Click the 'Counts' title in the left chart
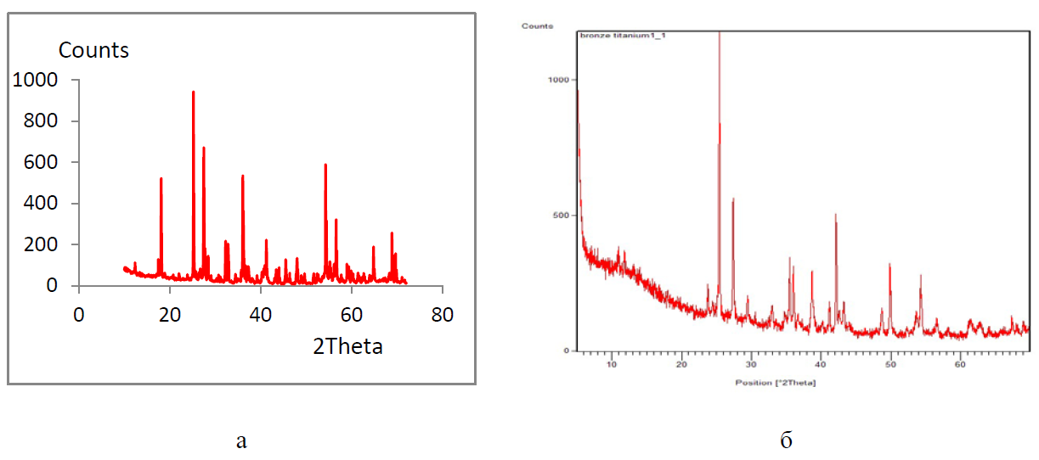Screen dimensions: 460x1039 (x=93, y=50)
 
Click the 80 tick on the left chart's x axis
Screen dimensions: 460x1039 (x=442, y=313)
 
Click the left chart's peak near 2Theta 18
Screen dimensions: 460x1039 (x=161, y=178)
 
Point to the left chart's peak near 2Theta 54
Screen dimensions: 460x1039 (x=325, y=165)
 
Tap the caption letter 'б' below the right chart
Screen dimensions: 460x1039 (x=786, y=440)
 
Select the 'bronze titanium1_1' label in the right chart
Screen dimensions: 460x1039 (x=622, y=36)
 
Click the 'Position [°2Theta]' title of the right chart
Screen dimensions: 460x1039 (x=776, y=383)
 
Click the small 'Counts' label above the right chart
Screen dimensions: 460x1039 (x=537, y=26)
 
